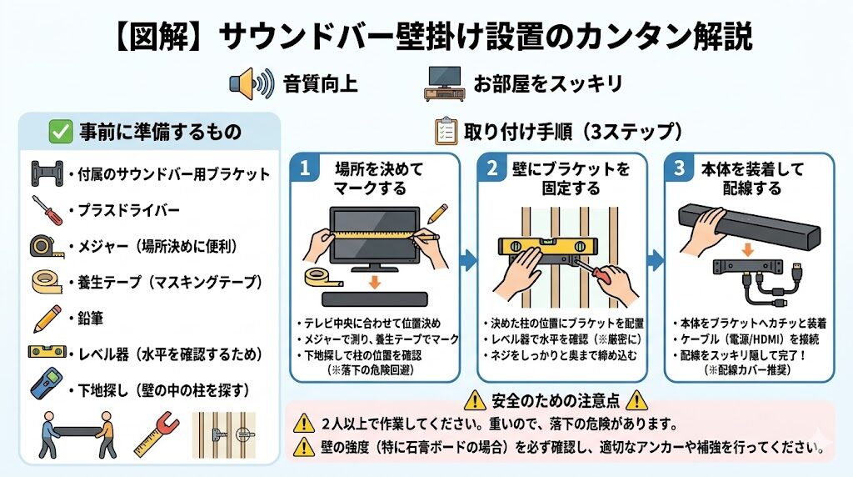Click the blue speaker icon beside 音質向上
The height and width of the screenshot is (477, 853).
tap(251, 83)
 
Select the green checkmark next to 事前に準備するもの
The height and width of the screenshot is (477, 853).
tap(59, 131)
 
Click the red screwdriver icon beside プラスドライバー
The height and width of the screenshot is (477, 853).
tap(47, 210)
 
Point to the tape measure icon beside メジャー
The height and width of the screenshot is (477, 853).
tap(44, 246)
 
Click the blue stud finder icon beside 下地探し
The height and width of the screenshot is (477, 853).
tap(44, 389)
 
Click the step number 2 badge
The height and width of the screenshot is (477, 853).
tap(491, 168)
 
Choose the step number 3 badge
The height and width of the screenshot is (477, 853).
tap(680, 168)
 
